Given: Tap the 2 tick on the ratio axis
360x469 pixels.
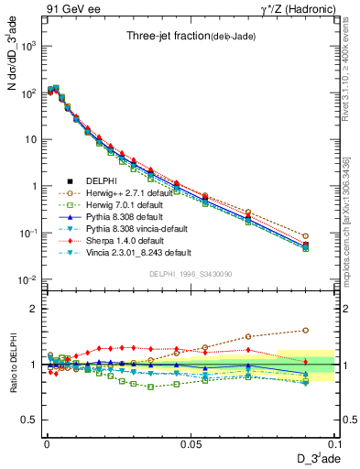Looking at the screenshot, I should coord(34,309).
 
